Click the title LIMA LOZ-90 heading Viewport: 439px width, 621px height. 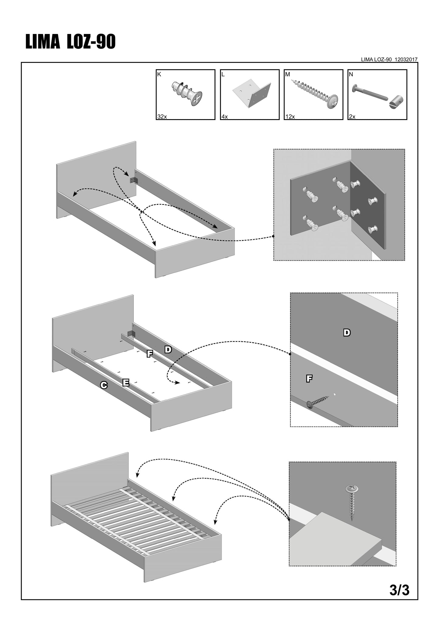70,42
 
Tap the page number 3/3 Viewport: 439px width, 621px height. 400,590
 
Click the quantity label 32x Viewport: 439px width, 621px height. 162,117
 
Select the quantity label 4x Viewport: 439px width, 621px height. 225,117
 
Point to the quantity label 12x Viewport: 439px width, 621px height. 290,117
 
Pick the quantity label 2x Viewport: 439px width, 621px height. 352,117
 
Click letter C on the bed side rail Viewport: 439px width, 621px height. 104,385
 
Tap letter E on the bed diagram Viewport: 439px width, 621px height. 125,383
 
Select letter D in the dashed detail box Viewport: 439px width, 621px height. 347,333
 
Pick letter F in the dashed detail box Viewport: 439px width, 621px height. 309,378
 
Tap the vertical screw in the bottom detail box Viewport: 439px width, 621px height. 352,505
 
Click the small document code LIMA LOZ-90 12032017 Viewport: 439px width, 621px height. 389,60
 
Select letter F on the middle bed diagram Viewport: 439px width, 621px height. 149,354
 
